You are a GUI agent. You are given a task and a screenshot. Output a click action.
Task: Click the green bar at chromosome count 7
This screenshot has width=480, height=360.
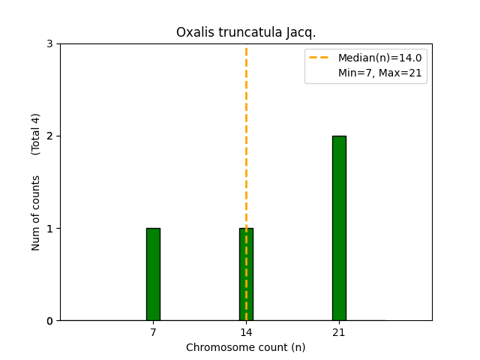153,274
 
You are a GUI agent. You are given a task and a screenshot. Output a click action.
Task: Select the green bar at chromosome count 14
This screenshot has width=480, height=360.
246,274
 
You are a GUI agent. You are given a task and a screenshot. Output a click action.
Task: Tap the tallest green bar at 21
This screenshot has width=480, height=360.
339,228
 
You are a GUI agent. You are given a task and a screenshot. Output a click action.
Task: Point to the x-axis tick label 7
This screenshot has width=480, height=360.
153,332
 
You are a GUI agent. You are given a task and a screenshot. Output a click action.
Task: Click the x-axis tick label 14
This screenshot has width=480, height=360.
246,332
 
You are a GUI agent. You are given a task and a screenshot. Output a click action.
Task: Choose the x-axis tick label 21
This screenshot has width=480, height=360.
339,332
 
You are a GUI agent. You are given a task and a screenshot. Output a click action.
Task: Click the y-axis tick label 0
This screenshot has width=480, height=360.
49,321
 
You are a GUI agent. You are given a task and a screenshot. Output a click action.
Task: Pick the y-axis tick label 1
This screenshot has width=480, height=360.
49,229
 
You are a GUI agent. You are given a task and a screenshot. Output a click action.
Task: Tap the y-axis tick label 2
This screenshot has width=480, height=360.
49,136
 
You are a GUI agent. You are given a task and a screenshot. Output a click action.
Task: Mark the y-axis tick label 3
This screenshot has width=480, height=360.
49,44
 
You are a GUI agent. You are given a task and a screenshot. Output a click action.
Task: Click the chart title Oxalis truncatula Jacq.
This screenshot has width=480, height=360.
246,32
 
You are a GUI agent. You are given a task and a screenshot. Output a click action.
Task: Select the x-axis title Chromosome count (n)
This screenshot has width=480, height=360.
246,347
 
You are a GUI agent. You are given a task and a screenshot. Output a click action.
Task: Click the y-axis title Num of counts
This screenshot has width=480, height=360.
36,213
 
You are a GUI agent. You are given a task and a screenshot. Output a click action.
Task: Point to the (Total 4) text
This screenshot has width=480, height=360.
36,134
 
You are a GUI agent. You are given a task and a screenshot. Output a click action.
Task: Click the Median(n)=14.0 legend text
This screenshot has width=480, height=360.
379,58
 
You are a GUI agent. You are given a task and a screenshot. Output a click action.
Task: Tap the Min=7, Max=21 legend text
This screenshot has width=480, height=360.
379,72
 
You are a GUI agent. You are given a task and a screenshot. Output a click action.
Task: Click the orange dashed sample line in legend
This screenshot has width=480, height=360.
320,58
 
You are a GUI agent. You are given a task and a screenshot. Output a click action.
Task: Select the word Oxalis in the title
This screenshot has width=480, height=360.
193,32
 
